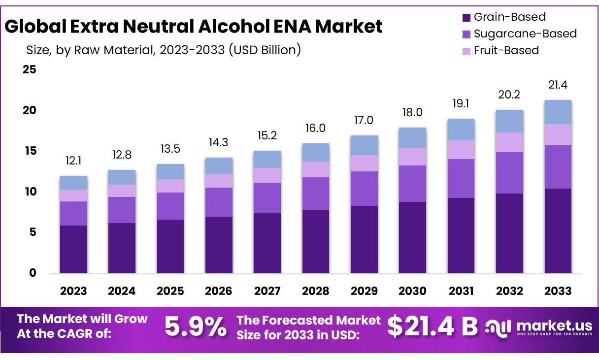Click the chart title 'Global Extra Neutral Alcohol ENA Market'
[x=194, y=27]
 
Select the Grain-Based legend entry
[x=509, y=17]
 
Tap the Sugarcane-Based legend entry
[x=525, y=34]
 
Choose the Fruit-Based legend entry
[x=506, y=50]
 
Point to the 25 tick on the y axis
[x=30, y=69]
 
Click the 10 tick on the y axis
[x=30, y=192]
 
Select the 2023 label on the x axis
[x=73, y=291]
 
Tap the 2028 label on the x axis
[x=316, y=291]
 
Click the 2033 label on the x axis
[x=558, y=291]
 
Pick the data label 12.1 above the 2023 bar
[x=73, y=161]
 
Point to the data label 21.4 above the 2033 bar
[x=558, y=85]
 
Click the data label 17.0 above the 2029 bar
[x=364, y=121]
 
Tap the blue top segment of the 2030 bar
[x=412, y=137]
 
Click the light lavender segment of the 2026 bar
[x=219, y=181]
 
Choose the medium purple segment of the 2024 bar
[x=122, y=210]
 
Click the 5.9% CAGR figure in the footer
[x=196, y=327]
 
